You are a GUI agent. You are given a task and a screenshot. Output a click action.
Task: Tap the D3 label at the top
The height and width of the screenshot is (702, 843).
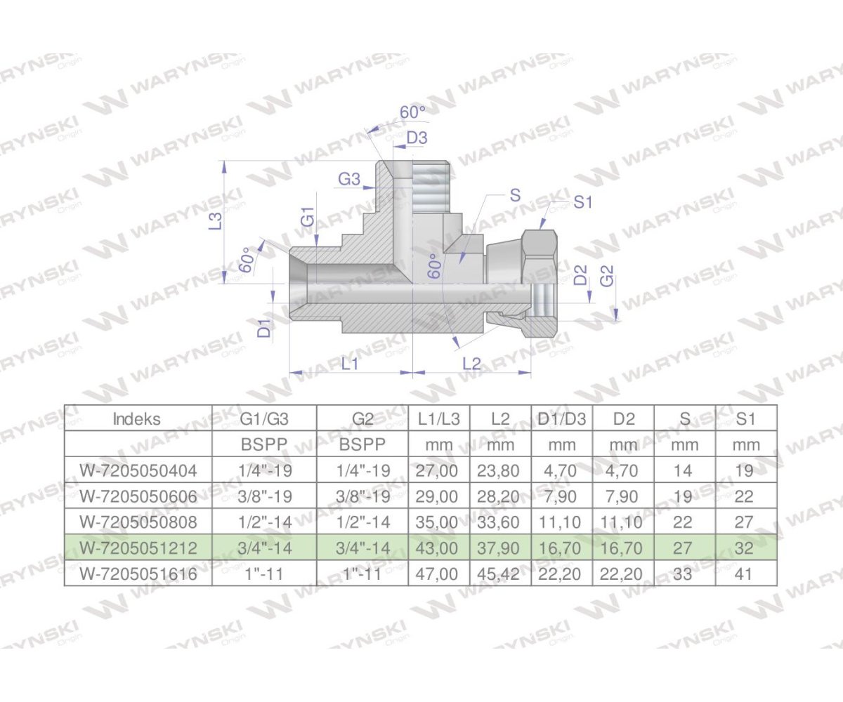417,138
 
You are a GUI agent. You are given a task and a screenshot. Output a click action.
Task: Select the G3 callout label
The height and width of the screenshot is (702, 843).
349,180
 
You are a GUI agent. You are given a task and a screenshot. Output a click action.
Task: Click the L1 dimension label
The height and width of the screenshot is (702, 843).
350,363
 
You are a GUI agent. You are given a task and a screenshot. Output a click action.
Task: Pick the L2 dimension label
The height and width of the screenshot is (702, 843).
471,363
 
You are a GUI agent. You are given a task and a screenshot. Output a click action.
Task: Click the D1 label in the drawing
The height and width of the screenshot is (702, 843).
263,328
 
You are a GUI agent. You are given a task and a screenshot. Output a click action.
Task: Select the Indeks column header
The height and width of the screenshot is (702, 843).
137,419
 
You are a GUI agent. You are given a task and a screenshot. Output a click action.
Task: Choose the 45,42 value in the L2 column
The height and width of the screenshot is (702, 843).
502,574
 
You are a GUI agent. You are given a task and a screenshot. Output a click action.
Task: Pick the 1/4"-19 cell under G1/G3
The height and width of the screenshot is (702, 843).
264,470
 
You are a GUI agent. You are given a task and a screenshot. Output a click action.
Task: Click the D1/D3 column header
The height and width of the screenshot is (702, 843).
561,419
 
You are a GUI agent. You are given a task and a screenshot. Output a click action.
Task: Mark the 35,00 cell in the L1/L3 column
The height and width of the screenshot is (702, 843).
438,522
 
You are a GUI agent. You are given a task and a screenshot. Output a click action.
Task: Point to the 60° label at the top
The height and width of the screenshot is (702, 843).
412,112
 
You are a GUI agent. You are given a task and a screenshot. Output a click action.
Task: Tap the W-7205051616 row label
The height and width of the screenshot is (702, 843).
138,574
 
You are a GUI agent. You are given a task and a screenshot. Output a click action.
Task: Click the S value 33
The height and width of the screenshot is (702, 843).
683,574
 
